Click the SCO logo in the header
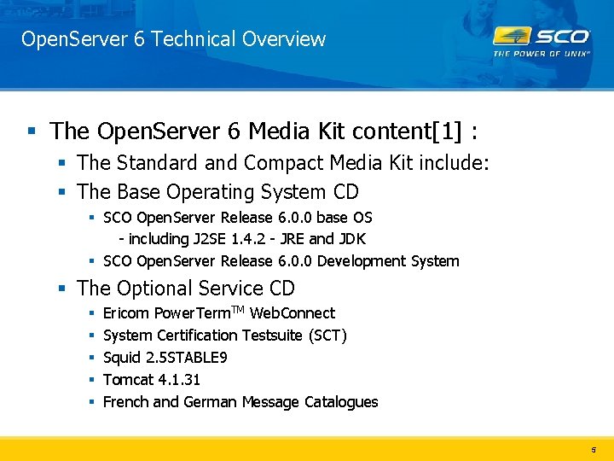coord(542,36)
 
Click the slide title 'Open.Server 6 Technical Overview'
coord(173,39)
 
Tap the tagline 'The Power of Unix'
coord(542,53)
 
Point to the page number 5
coord(594,449)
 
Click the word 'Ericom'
coord(126,313)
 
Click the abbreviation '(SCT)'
coord(327,336)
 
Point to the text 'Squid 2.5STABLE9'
coord(165,358)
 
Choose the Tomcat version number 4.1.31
coord(177,380)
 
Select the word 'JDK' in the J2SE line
coord(352,239)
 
